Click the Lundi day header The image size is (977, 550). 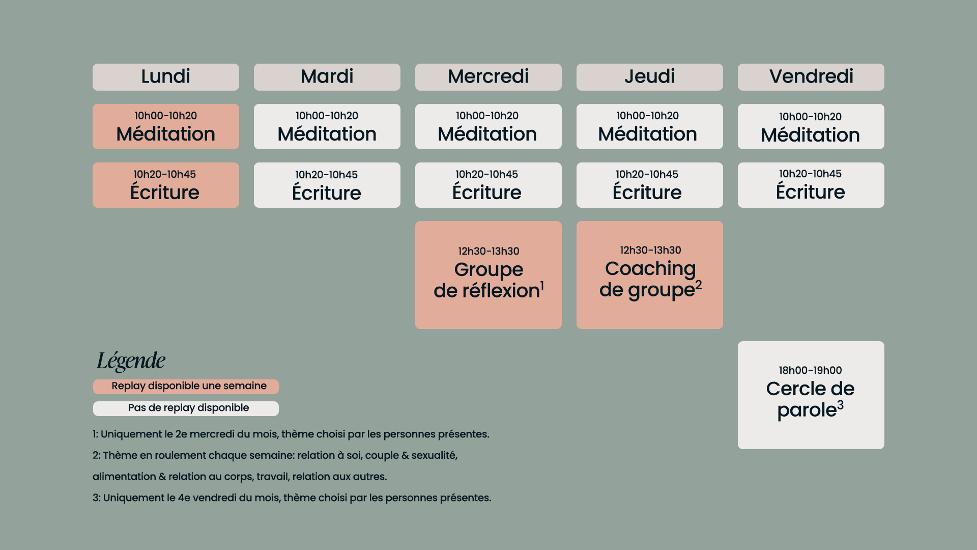coord(165,77)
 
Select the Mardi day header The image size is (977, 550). coord(327,77)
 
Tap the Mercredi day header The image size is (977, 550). coord(488,77)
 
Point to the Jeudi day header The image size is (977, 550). coord(649,77)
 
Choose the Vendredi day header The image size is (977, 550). coord(811,77)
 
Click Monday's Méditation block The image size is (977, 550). coord(165,127)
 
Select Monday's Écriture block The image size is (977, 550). coord(165,185)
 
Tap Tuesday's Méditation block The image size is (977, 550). coord(327,127)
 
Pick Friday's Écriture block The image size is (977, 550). coord(811,185)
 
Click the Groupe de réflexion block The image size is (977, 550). coord(488,275)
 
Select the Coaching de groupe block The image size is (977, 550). coord(649,275)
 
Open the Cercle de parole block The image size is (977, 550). coord(811,395)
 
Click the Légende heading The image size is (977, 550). coord(131,361)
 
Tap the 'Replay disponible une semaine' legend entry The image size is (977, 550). coord(186,387)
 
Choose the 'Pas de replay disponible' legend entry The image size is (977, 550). coord(186,408)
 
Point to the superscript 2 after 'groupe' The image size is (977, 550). coord(699,285)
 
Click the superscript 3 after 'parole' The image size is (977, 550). coord(840,405)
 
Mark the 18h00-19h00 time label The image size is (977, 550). coord(810,370)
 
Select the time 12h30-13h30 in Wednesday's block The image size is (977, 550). coord(489,251)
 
